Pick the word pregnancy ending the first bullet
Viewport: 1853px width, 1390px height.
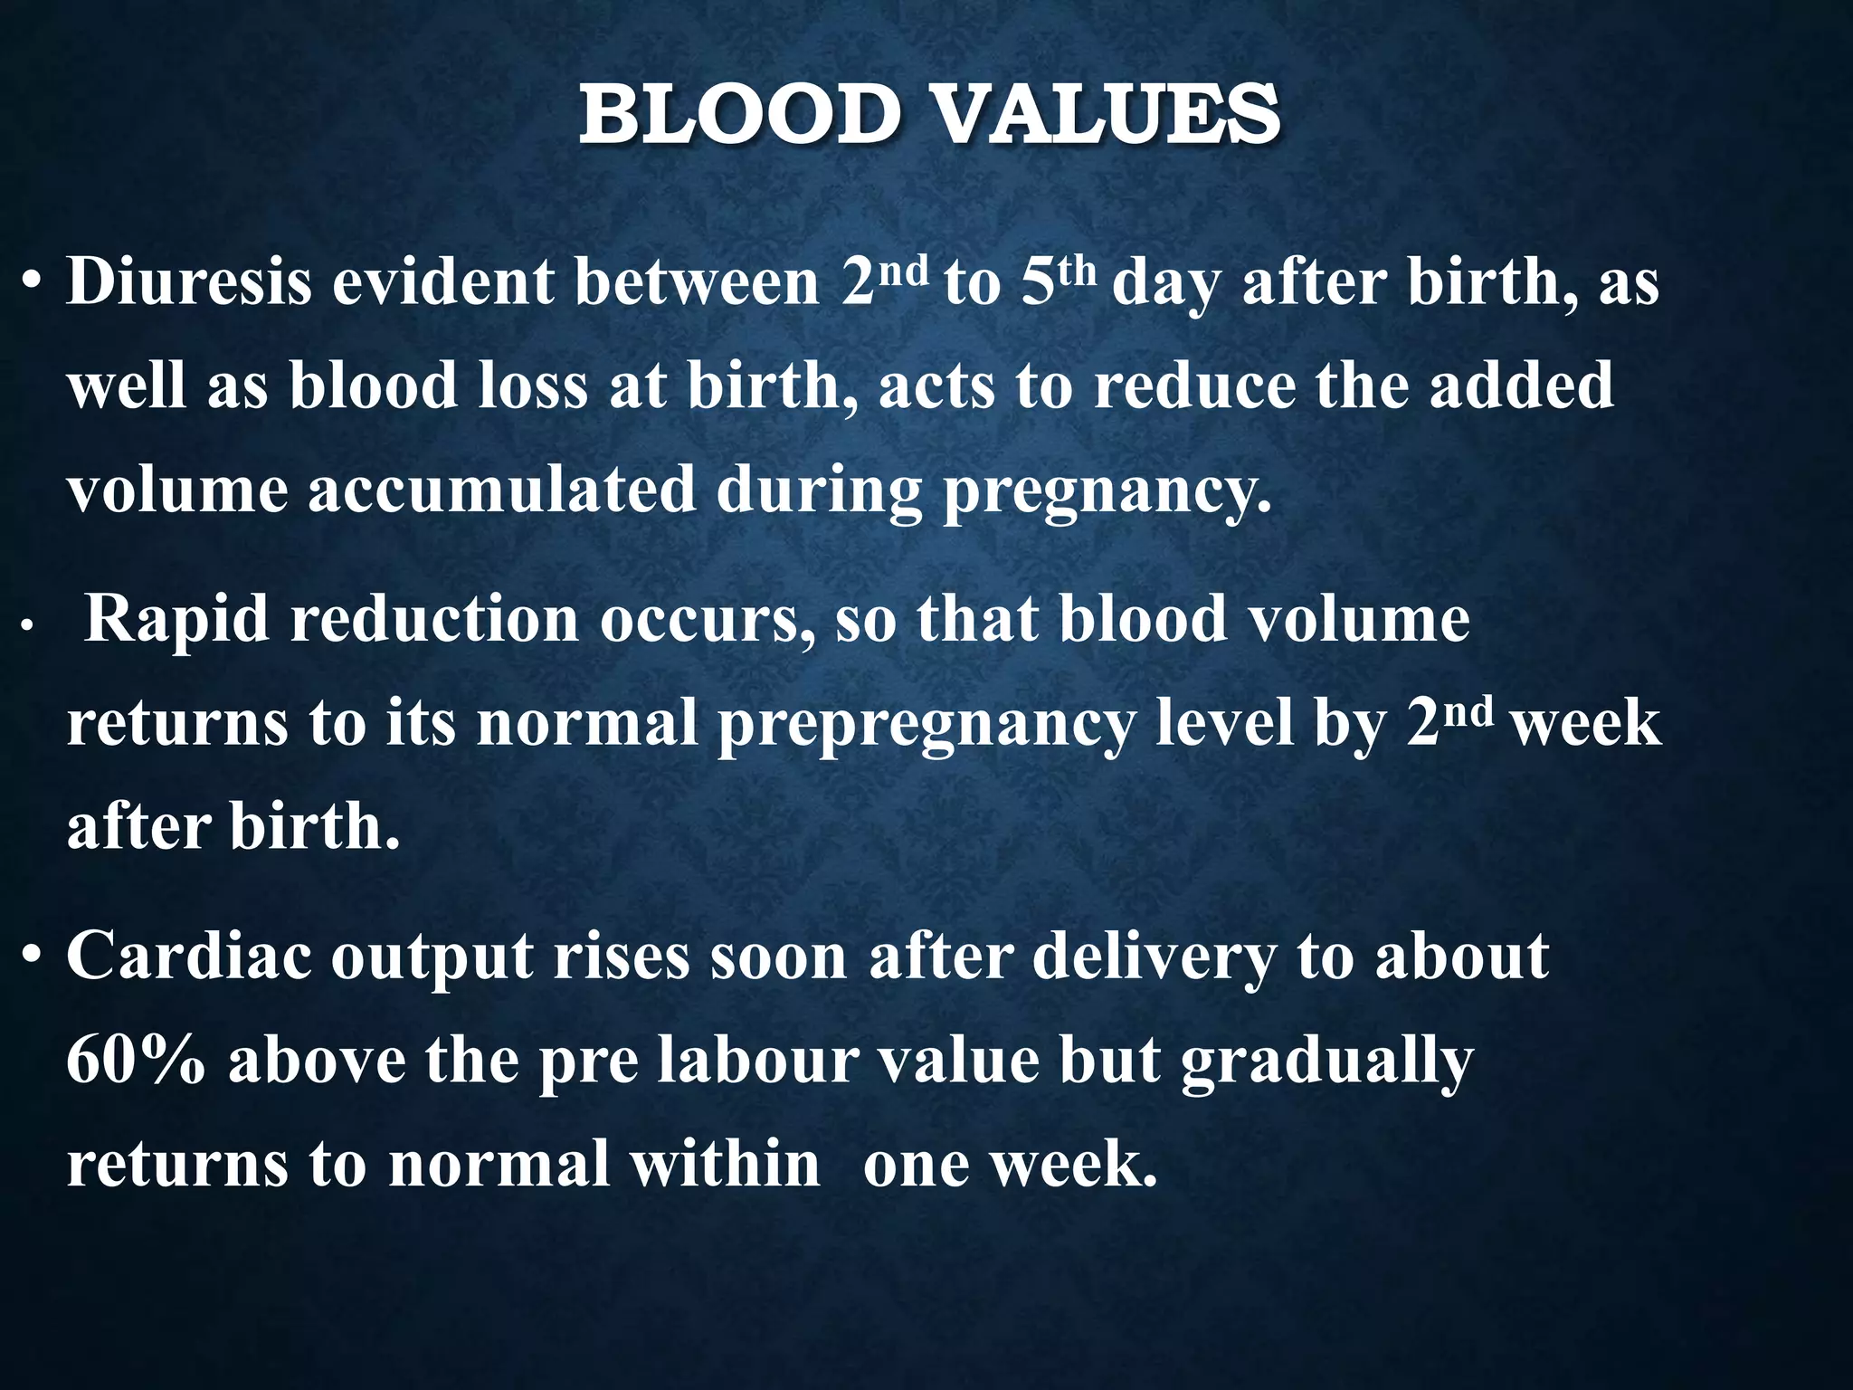coord(1106,493)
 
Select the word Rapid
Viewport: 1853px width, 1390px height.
coord(176,620)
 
